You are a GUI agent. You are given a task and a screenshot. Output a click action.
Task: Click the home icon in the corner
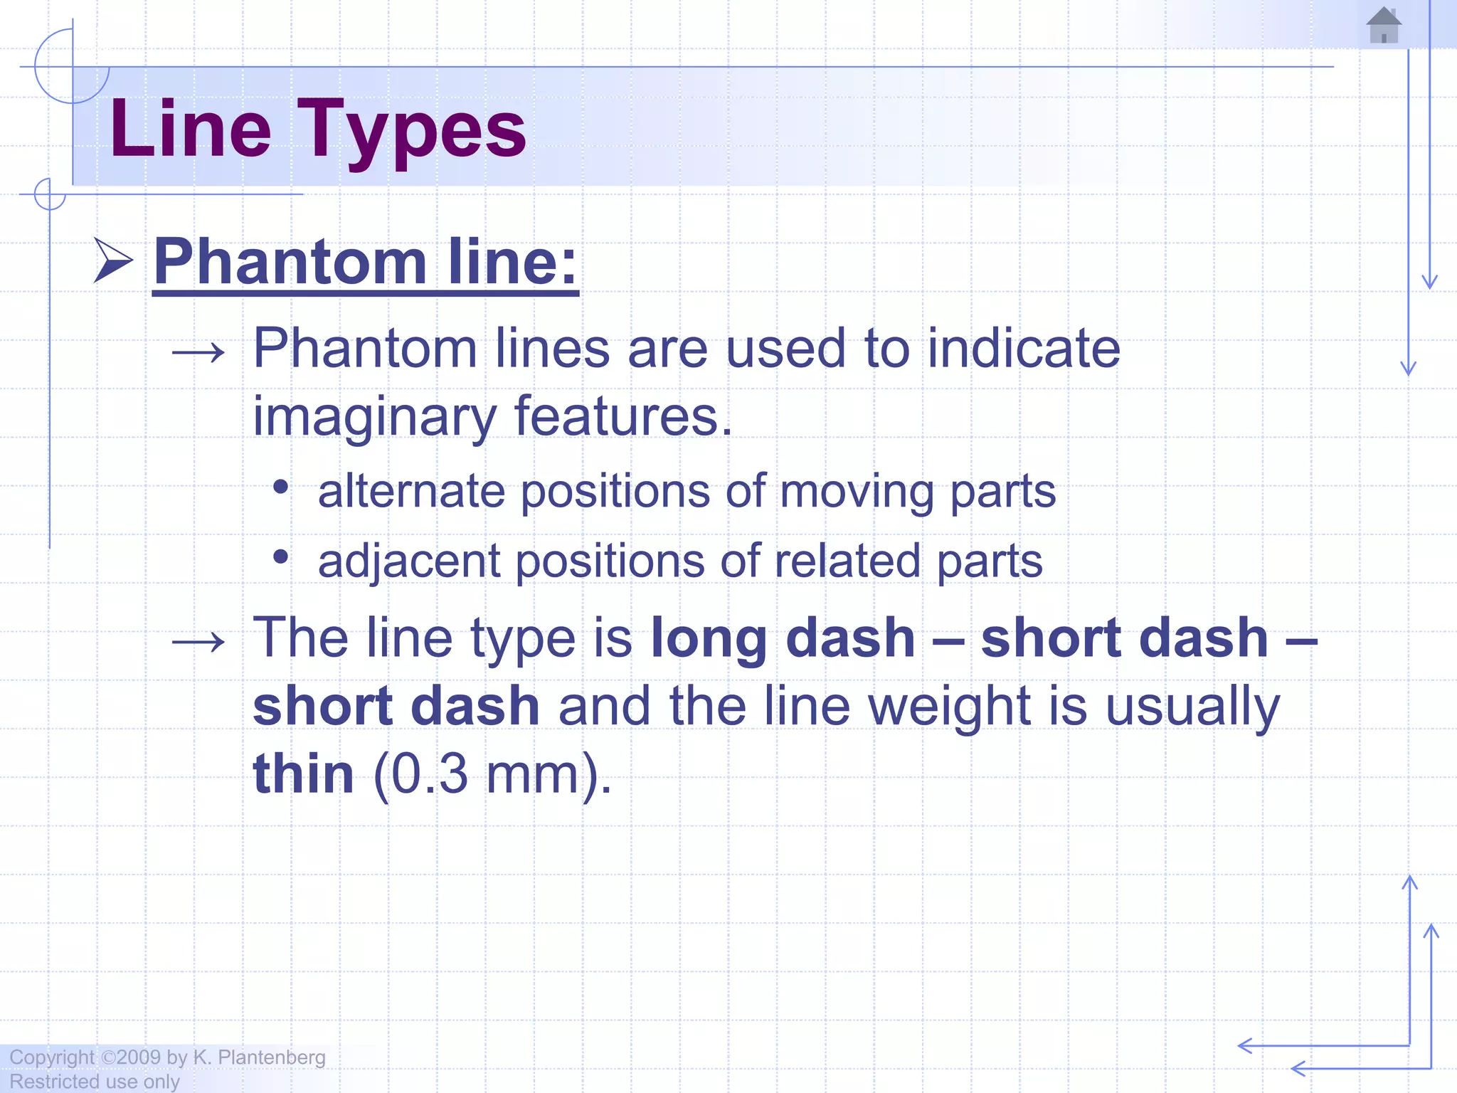click(x=1384, y=26)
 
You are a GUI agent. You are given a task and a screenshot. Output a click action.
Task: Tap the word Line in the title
click(x=191, y=129)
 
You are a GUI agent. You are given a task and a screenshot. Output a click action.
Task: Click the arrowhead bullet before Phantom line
click(x=114, y=260)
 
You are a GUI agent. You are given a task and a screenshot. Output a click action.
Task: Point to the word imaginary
click(x=374, y=417)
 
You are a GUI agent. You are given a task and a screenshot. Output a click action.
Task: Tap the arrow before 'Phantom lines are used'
click(x=198, y=352)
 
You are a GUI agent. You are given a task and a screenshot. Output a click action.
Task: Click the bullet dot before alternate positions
click(x=281, y=487)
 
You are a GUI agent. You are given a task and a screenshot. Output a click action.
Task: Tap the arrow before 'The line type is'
click(x=198, y=643)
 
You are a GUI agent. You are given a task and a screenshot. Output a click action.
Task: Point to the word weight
click(x=950, y=707)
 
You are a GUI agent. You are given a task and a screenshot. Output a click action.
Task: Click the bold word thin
click(x=303, y=774)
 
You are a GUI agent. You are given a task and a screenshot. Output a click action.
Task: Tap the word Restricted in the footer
click(x=53, y=1082)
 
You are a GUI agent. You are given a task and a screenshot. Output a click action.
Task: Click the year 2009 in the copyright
click(x=139, y=1057)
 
